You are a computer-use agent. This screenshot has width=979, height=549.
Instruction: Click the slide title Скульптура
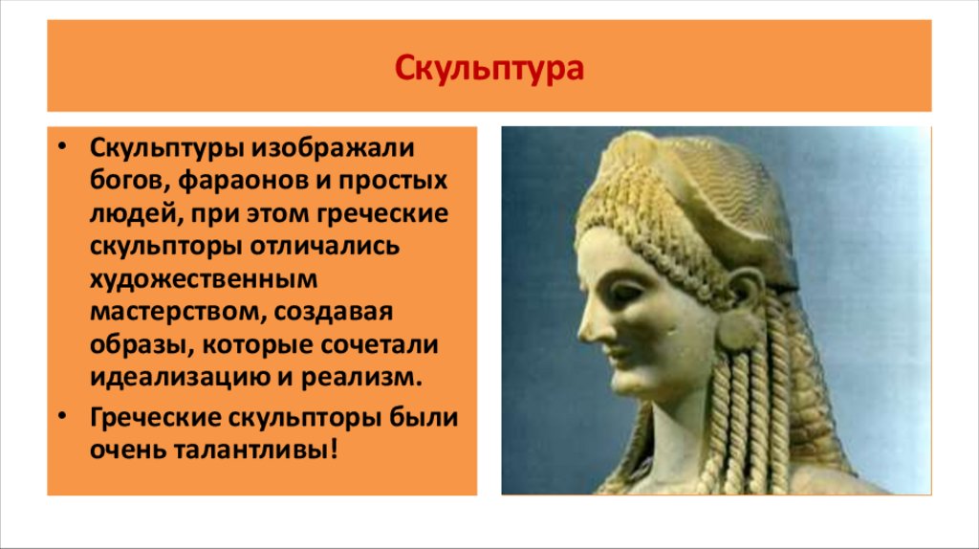pos(489,69)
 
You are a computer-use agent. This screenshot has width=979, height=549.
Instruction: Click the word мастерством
pos(179,311)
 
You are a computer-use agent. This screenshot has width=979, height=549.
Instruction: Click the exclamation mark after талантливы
pos(334,450)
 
